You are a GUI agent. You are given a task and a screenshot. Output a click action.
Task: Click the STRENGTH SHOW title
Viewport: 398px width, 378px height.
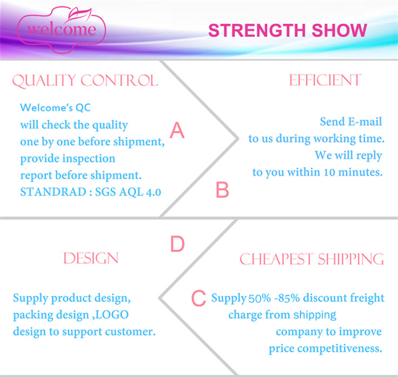pos(287,30)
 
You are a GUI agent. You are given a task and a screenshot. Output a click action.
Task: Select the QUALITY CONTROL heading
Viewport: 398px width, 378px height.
pos(85,81)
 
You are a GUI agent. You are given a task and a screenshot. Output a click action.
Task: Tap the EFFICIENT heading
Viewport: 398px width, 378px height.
pos(324,80)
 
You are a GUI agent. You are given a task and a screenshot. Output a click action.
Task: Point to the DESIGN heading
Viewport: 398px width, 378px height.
pos(91,258)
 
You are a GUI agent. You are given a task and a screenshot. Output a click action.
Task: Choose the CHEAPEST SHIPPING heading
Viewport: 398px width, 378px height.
pos(311,259)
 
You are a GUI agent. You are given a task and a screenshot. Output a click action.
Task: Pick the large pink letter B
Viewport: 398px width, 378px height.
pos(222,190)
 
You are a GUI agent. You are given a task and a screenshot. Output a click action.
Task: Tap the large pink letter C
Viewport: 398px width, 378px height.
pos(198,298)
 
